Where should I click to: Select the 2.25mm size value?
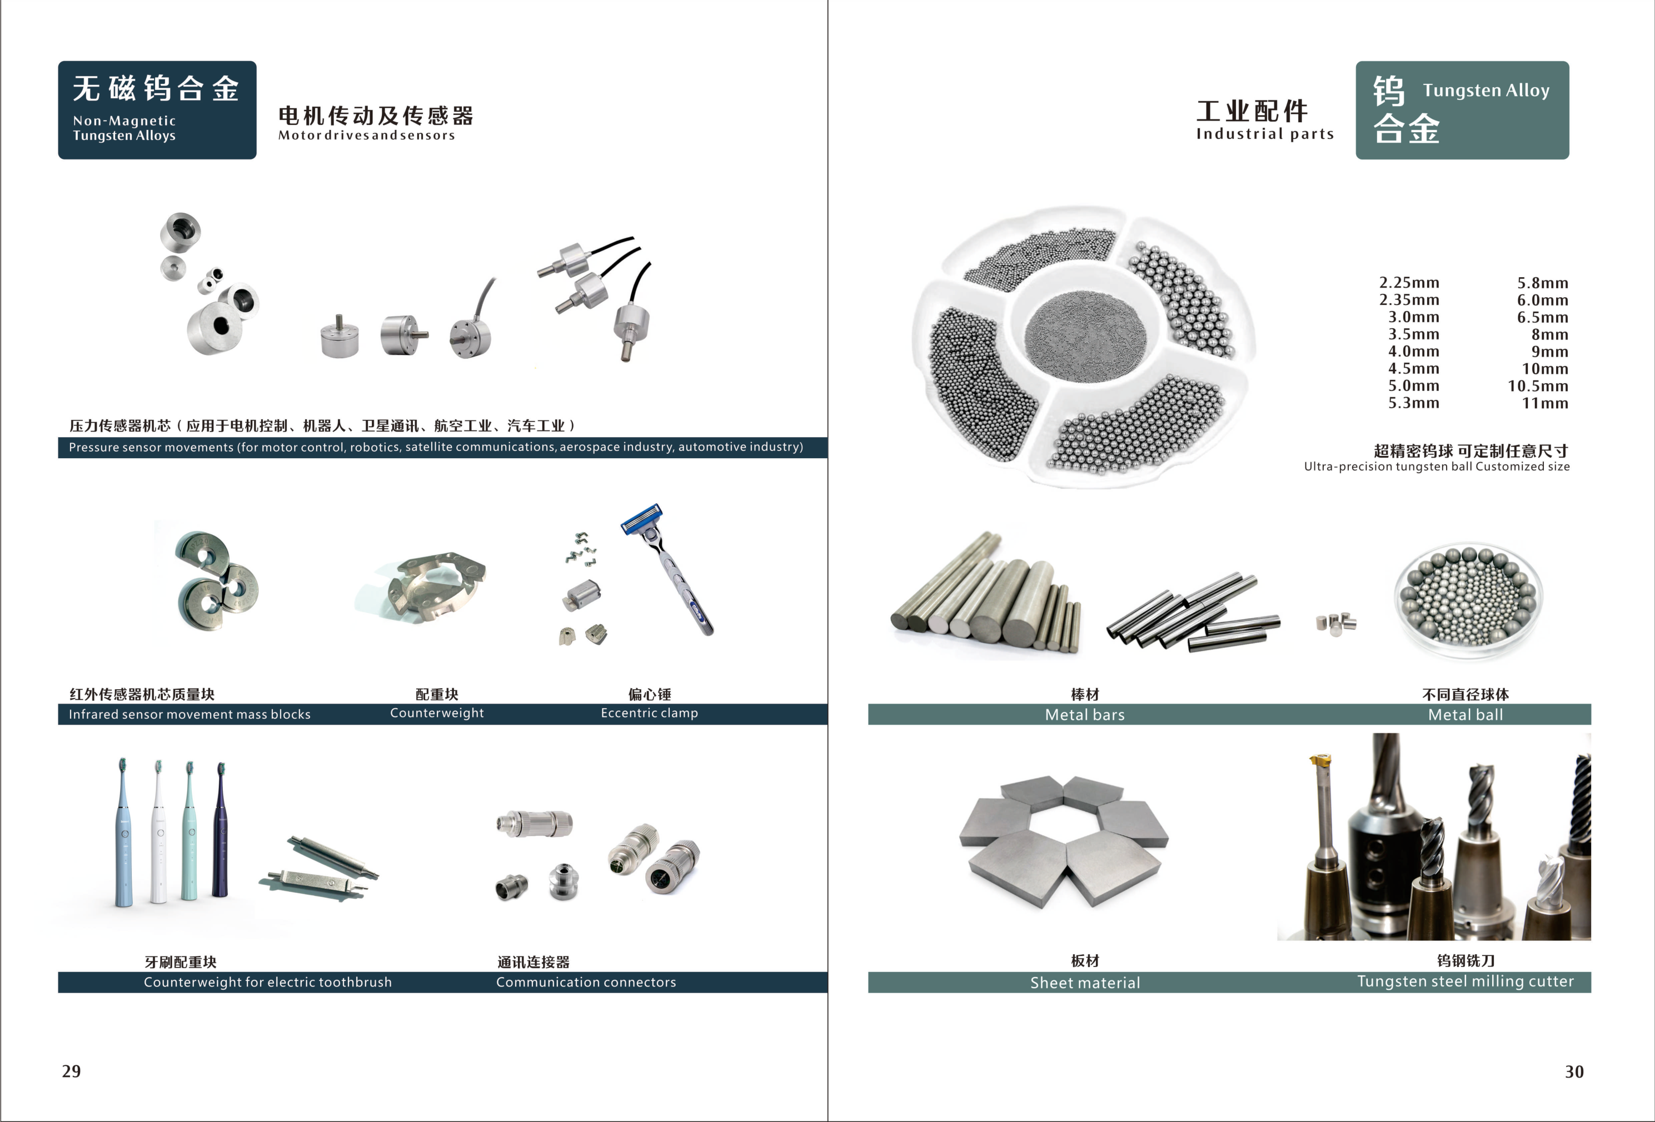(x=1409, y=283)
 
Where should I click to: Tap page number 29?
(x=71, y=1071)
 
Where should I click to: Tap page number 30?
(x=1574, y=1071)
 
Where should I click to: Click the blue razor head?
(x=642, y=518)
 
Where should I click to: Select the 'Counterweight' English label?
(x=437, y=713)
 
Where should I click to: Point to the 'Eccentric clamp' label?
(x=649, y=713)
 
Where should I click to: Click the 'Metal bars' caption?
(x=1085, y=715)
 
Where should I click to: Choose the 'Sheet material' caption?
(x=1085, y=983)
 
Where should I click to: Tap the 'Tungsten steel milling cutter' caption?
(x=1465, y=981)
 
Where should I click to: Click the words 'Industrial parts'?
(x=1265, y=134)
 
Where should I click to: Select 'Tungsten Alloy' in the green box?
(x=1485, y=91)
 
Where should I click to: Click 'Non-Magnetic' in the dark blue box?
(x=124, y=121)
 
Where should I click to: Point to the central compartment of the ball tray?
(x=1085, y=334)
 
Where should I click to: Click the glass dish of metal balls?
(x=1468, y=599)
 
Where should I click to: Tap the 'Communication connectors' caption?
(x=585, y=982)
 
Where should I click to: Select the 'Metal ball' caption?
(x=1465, y=715)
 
